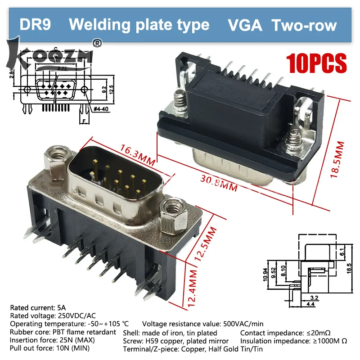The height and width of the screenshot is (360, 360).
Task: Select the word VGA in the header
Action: click(246, 25)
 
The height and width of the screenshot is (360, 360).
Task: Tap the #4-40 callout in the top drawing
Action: click(101, 109)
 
